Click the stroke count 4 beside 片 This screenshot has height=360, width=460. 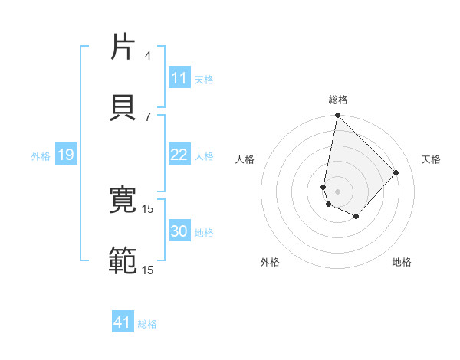(148, 56)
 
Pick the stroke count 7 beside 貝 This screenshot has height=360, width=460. (148, 116)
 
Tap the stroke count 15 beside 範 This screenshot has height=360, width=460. (148, 270)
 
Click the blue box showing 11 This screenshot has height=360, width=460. (179, 78)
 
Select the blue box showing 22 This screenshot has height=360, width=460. (179, 155)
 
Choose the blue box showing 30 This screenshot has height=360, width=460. (179, 231)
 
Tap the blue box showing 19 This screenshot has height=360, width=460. (65, 155)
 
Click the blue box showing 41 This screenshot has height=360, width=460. (123, 323)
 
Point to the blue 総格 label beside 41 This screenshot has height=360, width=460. (147, 324)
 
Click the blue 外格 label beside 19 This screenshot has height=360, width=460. (41, 156)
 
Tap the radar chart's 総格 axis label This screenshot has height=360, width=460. (338, 100)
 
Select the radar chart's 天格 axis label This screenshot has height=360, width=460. (432, 159)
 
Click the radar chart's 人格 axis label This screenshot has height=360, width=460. (245, 159)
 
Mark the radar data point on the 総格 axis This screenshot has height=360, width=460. (337, 116)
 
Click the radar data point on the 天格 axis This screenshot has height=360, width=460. (396, 172)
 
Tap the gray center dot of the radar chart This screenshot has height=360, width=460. (337, 191)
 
